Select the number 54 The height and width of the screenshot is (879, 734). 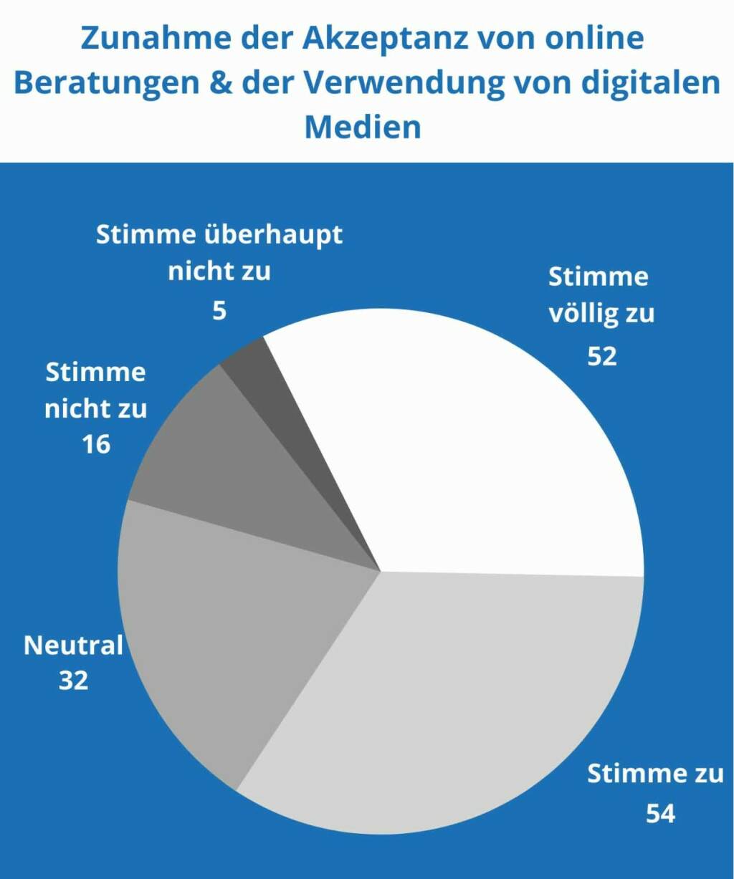(x=660, y=815)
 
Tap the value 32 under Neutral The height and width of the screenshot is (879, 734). (x=73, y=680)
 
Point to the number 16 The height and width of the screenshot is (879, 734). (x=96, y=444)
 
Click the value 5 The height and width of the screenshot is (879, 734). (x=219, y=311)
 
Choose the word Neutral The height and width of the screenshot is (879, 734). (x=73, y=645)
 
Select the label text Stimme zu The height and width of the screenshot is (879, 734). (x=655, y=774)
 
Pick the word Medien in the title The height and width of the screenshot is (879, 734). (x=363, y=127)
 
